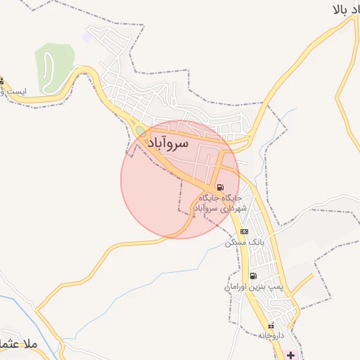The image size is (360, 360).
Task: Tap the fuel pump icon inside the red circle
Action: (x=221, y=188)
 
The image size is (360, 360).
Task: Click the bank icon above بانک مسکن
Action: (x=244, y=231)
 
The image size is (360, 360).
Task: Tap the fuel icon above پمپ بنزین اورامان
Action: (x=253, y=275)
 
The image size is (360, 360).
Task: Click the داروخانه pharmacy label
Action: (x=270, y=335)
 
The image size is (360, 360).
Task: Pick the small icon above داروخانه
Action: (x=270, y=326)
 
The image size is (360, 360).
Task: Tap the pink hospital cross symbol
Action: (x=290, y=355)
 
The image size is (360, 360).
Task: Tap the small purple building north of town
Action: (x=86, y=35)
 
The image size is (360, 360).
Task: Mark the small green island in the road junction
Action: (x=140, y=131)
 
